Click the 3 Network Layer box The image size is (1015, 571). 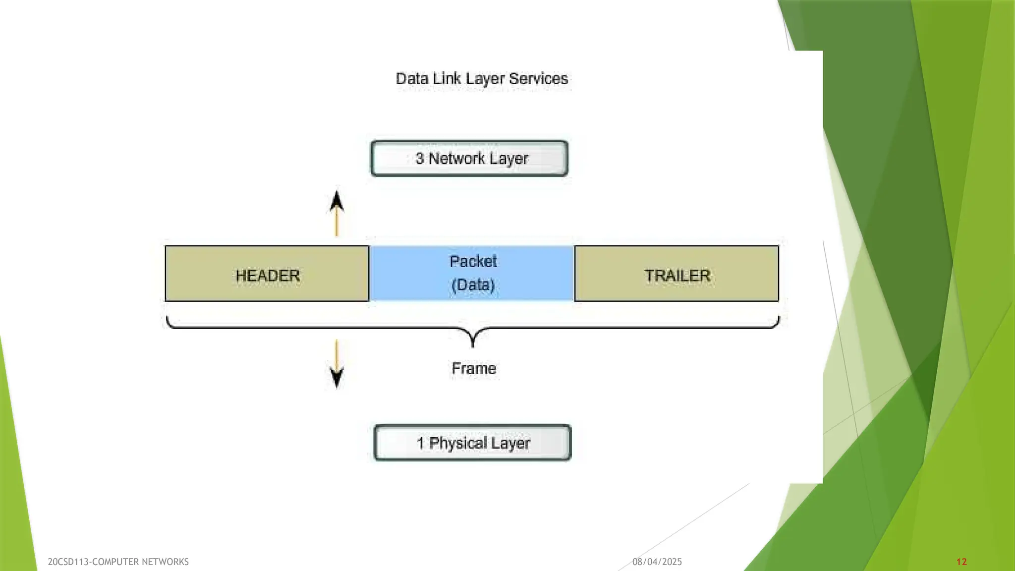(469, 159)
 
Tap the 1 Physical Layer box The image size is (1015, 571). (473, 443)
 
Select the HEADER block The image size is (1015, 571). (267, 274)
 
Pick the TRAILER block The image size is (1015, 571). (677, 274)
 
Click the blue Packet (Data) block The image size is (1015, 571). (472, 273)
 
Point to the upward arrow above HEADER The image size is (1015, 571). (337, 213)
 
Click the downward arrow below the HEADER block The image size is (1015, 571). (337, 365)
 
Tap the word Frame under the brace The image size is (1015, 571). (474, 369)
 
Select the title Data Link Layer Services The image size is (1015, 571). (482, 79)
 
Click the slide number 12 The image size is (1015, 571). (961, 562)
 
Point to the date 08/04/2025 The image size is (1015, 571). (657, 562)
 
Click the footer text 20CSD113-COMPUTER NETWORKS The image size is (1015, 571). (118, 562)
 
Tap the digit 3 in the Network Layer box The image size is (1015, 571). (420, 159)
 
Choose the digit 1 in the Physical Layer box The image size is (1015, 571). (421, 443)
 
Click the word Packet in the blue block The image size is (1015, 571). (473, 261)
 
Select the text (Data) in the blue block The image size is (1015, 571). (473, 285)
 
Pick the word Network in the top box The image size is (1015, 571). (456, 159)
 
